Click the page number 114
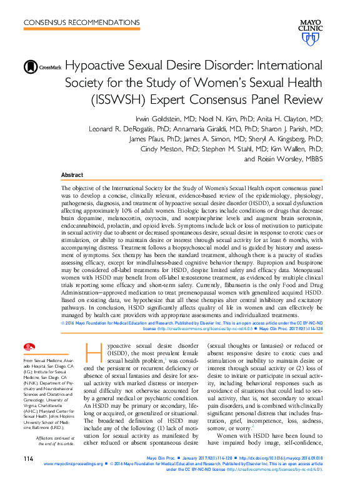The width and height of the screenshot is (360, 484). coord(28,460)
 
